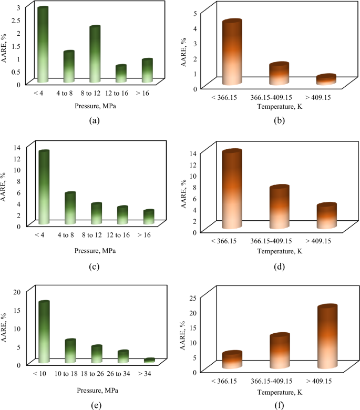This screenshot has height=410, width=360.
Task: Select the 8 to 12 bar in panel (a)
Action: coord(95,55)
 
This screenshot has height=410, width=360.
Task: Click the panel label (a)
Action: coord(94,120)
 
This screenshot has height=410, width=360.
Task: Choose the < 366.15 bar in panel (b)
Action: coord(232,53)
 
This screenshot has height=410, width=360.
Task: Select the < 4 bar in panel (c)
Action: coord(43,188)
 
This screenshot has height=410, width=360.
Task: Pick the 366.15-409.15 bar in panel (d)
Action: coord(279,208)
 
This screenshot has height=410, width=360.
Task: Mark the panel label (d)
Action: coord(279,266)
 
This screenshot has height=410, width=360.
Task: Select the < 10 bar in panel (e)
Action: coord(43,332)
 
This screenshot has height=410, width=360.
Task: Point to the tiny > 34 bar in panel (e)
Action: coord(149,361)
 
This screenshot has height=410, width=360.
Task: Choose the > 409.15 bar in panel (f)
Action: coord(326,337)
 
